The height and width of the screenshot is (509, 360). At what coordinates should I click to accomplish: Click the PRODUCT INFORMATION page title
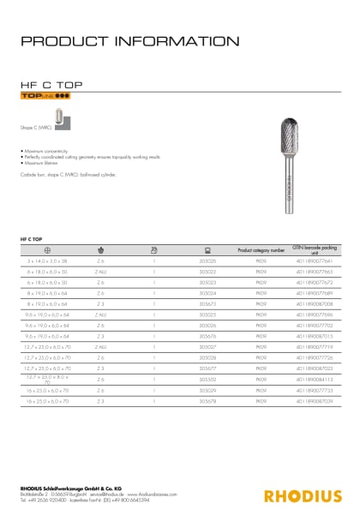tap(129, 41)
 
